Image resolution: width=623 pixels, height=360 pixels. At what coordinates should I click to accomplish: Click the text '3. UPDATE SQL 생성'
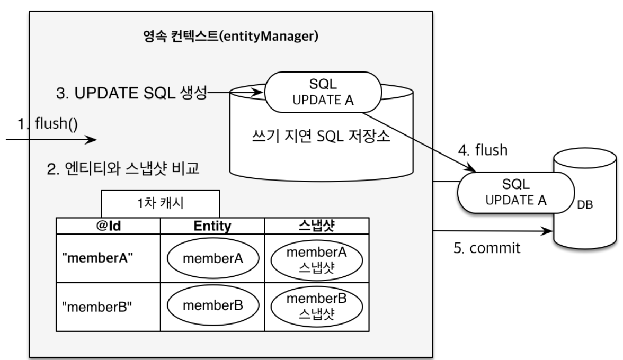point(132,94)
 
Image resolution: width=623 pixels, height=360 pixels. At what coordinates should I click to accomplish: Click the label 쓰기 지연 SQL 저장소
point(322,139)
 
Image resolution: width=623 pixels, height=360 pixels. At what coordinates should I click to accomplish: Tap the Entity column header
point(212,226)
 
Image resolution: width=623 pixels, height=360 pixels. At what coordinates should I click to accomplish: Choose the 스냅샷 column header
point(316,226)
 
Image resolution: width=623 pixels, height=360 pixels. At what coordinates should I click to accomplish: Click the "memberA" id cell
point(98,259)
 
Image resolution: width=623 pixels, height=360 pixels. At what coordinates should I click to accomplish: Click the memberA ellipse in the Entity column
point(212,259)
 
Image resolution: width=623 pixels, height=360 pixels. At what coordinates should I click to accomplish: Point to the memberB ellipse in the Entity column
point(212,306)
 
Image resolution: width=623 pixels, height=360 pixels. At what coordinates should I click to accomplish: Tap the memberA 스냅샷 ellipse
point(316,259)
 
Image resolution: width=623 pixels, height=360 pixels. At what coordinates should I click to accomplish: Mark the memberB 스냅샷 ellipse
point(316,306)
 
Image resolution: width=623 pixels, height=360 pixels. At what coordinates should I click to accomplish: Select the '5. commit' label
point(485,247)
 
